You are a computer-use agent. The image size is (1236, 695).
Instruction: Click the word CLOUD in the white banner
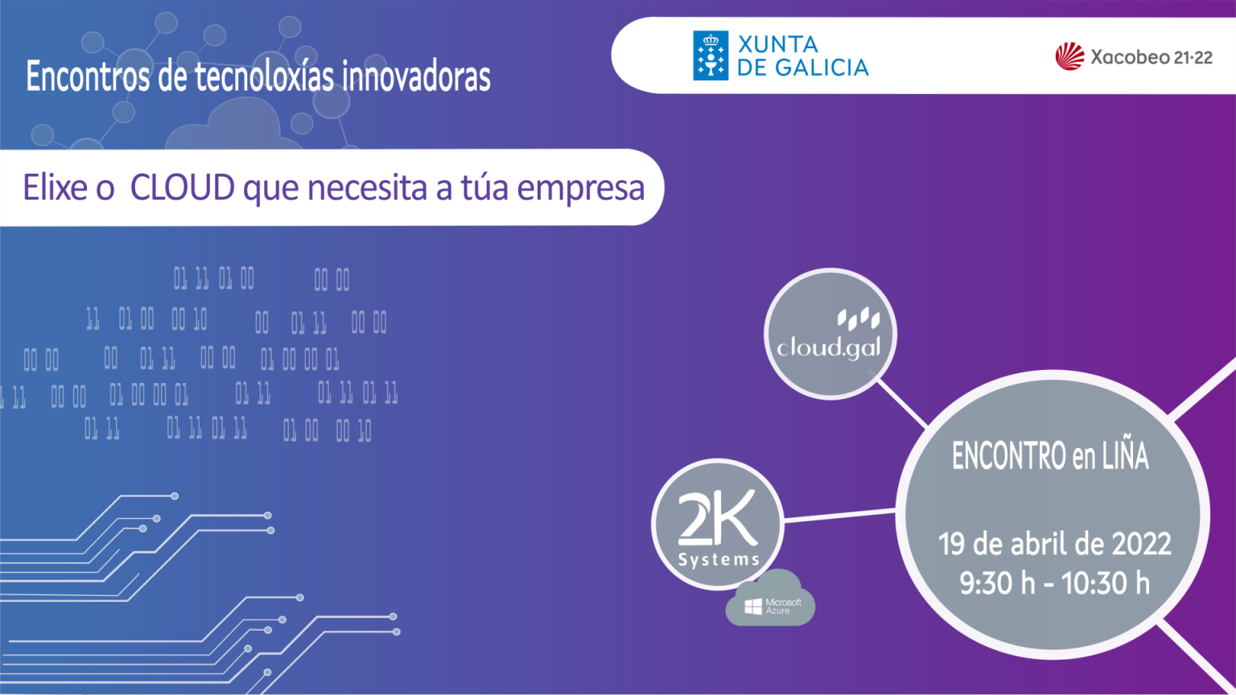[x=183, y=187]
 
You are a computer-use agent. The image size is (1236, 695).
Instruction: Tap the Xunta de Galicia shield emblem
[x=711, y=56]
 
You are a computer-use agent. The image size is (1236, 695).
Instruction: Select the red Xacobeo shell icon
[x=1070, y=56]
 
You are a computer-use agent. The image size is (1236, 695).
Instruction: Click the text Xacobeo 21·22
[x=1152, y=57]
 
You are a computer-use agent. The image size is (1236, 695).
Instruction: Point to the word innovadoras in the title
[x=416, y=76]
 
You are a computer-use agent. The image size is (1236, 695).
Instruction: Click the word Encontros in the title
[x=88, y=76]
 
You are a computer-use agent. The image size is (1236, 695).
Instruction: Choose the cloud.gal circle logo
[x=830, y=335]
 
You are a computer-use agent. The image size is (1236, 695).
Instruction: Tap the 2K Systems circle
[x=718, y=524]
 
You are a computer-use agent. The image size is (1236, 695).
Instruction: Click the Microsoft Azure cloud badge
[x=770, y=598]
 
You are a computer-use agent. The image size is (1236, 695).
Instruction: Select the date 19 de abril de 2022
[x=1054, y=544]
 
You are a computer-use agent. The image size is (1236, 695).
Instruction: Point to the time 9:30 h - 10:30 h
[x=1054, y=583]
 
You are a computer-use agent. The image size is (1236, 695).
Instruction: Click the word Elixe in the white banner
[x=55, y=187]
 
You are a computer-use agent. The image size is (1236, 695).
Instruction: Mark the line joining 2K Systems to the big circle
[x=839, y=515]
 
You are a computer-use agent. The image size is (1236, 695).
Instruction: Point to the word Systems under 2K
[x=719, y=559]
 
